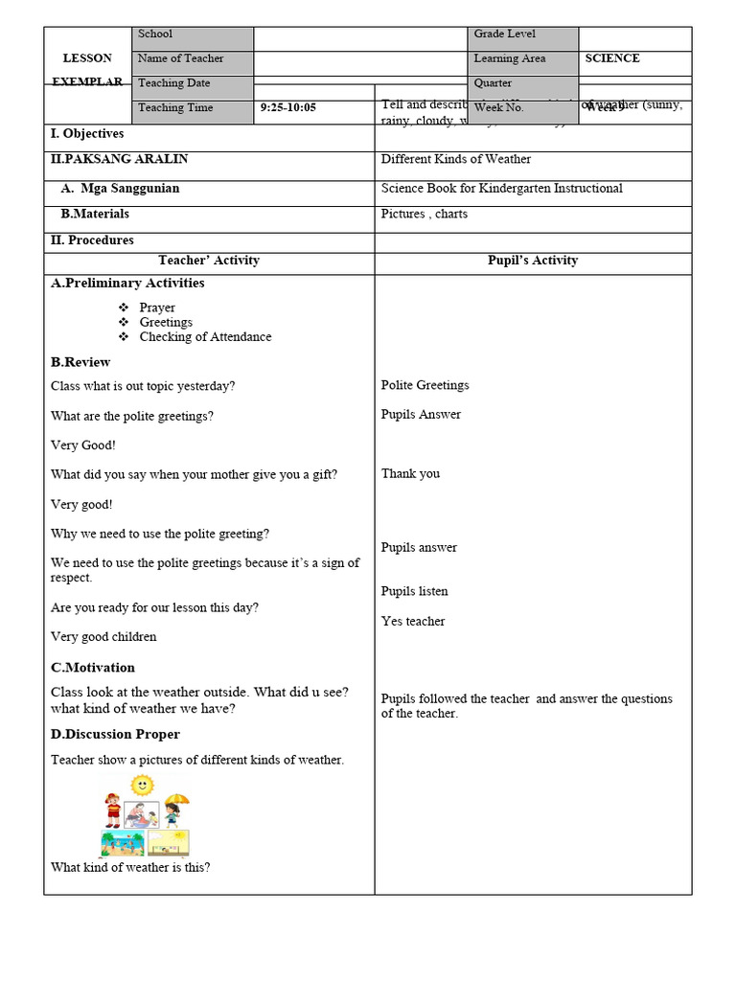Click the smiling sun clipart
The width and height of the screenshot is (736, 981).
[x=142, y=786]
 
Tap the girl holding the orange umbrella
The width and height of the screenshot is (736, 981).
[x=173, y=810]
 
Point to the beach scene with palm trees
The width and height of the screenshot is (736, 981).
[x=123, y=843]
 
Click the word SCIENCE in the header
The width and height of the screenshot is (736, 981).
[x=612, y=58]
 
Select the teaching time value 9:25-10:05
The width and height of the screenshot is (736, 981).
[x=287, y=108]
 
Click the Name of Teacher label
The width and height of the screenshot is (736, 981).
[x=180, y=58]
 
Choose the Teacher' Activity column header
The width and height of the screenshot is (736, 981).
[x=208, y=261]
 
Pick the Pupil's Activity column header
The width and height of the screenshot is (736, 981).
[x=533, y=261]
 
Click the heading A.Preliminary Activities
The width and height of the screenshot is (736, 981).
[x=127, y=284]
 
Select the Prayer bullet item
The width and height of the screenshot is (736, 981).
[x=157, y=308]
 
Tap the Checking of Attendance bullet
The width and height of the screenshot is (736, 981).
[x=205, y=337]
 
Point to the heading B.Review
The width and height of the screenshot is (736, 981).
[x=80, y=362]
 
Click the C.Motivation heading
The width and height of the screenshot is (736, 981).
[x=93, y=668]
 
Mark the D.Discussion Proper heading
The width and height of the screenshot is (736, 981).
[x=115, y=735]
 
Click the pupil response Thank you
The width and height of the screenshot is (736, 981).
[x=410, y=473]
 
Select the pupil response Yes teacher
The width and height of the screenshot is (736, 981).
[x=413, y=622]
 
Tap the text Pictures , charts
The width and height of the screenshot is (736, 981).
[x=424, y=214]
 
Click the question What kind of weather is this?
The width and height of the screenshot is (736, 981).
[x=130, y=868]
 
